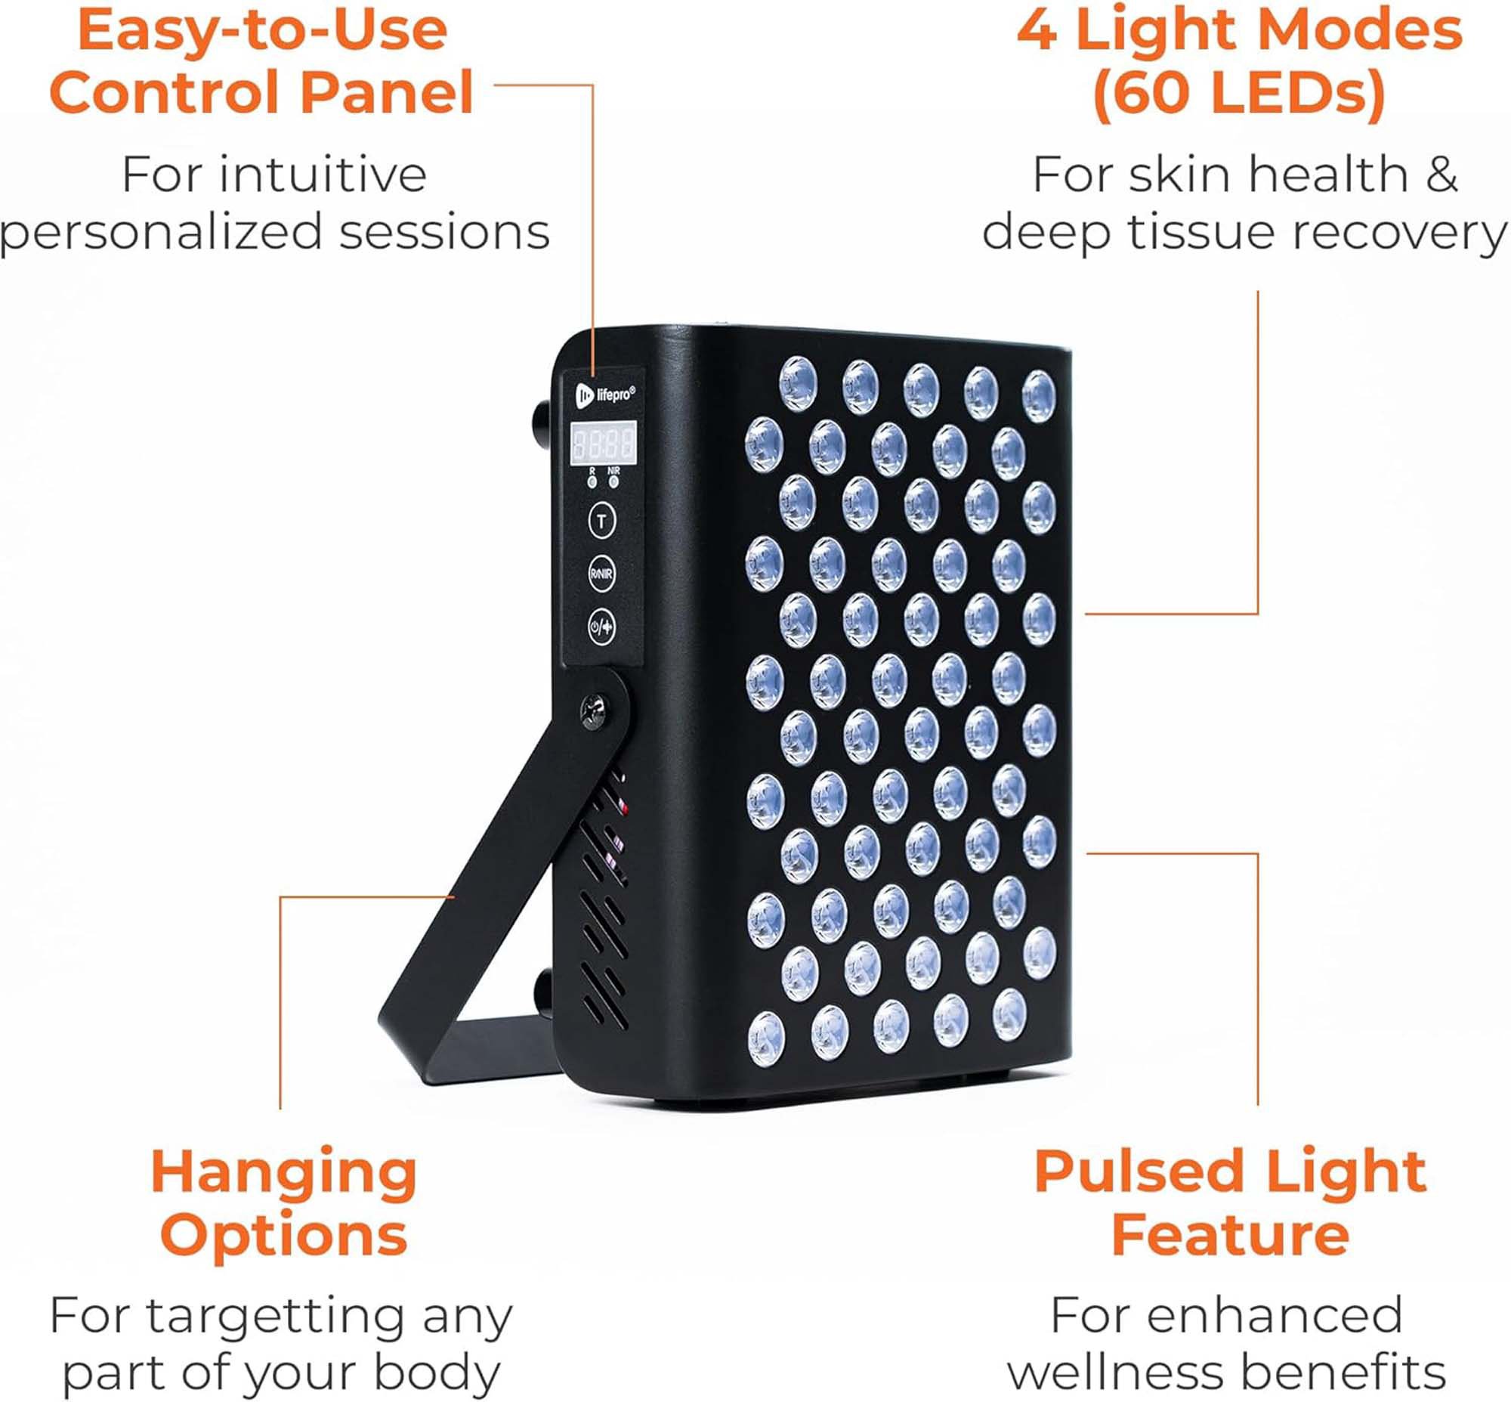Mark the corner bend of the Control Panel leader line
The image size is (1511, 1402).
(592, 85)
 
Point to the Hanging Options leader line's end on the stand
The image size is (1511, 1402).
(453, 897)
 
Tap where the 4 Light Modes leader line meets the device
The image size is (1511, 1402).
(1086, 614)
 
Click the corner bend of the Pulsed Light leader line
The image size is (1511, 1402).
(1258, 853)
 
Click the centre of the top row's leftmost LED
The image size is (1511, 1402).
(798, 384)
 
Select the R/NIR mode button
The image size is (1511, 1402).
(601, 574)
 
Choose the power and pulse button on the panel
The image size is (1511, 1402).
(601, 627)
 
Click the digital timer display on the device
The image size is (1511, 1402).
(603, 443)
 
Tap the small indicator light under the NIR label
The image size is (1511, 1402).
(613, 481)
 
